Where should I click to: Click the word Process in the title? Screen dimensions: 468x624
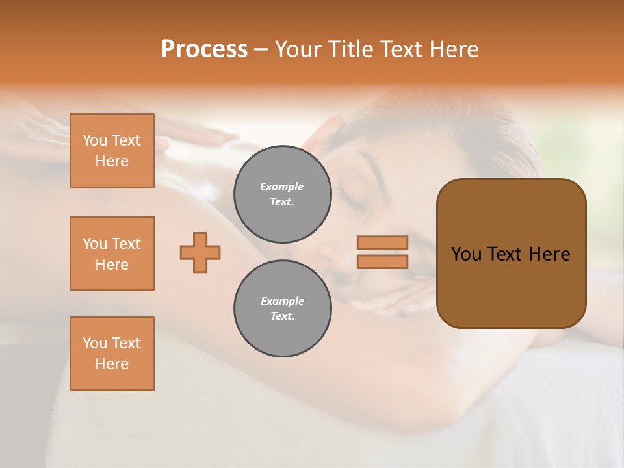coord(204,49)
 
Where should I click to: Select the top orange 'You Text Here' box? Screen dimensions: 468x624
coord(112,151)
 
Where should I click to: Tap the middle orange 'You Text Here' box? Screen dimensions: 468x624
coord(112,253)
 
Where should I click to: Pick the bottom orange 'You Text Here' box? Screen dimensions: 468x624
coord(112,354)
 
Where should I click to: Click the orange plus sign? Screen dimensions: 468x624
coord(200,252)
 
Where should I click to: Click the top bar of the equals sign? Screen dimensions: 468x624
coord(382,242)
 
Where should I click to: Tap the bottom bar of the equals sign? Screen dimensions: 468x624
coord(382,262)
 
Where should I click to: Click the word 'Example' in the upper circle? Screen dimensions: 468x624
coord(282,187)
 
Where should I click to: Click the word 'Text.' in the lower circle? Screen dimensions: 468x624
coord(282,317)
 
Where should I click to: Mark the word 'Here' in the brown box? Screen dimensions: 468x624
coord(550,254)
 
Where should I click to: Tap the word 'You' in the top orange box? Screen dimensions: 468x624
coord(95,140)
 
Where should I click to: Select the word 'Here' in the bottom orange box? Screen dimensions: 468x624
coord(112,364)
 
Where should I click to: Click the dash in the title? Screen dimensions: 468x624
coord(261,49)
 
